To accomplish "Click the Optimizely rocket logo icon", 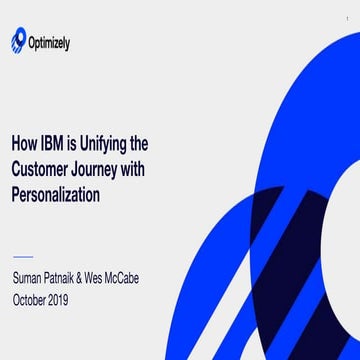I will click(18, 42).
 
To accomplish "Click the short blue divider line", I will click(23, 255).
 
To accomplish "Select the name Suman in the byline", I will click(32, 277).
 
